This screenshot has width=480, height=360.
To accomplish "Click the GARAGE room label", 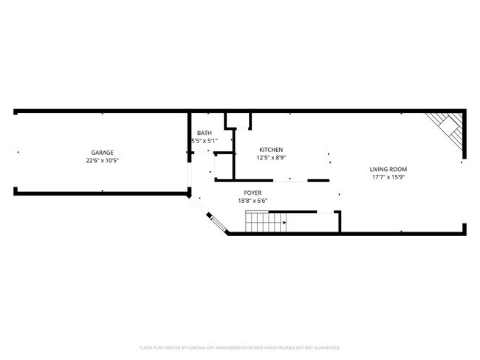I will click(x=102, y=153).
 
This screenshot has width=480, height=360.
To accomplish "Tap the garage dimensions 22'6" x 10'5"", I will click(x=102, y=160).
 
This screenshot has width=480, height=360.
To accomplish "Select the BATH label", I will click(x=204, y=133).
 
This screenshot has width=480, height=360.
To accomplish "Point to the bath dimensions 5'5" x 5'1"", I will click(x=204, y=140).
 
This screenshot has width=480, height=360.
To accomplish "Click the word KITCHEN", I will click(x=271, y=150).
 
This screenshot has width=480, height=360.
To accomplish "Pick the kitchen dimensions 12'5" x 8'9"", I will click(x=271, y=157).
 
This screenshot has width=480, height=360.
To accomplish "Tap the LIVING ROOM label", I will click(x=388, y=170).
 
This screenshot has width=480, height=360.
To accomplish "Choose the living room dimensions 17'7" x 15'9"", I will click(x=388, y=177).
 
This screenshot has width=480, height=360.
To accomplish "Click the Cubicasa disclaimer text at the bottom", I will click(x=239, y=347).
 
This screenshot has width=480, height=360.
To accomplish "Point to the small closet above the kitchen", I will click(x=238, y=120).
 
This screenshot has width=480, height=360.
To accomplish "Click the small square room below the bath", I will click(x=223, y=166).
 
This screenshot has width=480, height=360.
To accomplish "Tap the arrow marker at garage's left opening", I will click(x=18, y=153).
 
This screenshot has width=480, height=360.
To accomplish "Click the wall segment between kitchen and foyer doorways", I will click(x=318, y=180).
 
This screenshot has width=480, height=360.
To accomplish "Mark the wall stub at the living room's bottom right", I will click(x=464, y=229).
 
